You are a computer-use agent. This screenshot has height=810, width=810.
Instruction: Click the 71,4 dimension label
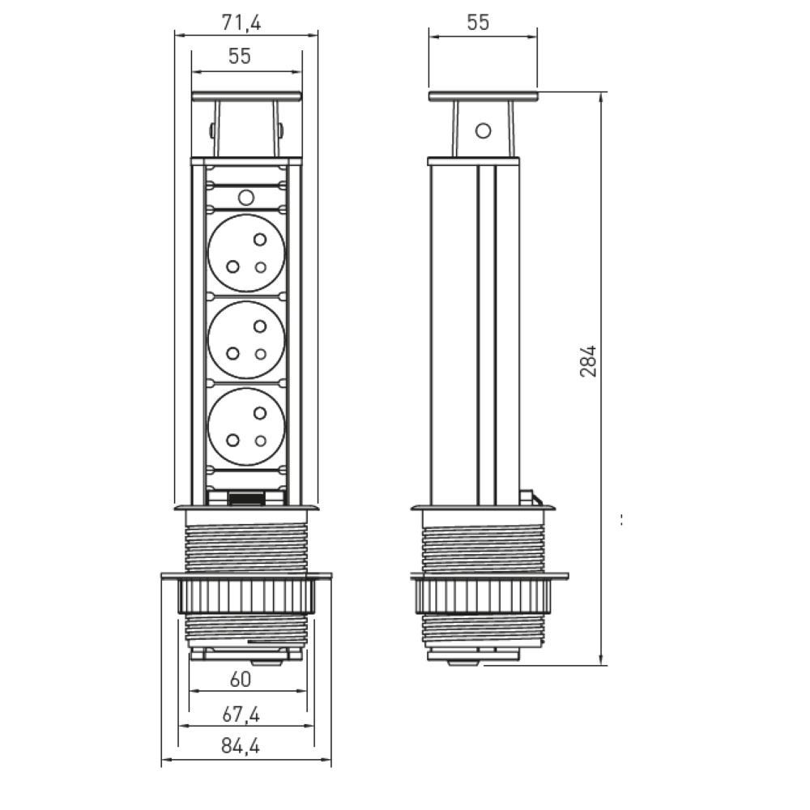pos(241,23)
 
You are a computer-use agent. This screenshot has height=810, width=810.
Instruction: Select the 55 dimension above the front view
pos(240,57)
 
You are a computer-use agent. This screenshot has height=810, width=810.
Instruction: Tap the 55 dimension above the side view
pos(478,23)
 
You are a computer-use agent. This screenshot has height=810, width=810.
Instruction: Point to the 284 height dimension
pos(588,361)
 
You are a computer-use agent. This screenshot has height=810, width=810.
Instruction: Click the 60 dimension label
pos(241,680)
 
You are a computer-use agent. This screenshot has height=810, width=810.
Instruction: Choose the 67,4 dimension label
pos(241,714)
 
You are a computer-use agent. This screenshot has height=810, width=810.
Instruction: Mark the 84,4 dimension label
pos(241,746)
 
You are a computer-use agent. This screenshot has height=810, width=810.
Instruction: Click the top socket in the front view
pos(246,253)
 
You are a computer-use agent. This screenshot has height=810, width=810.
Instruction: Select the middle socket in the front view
pos(246,340)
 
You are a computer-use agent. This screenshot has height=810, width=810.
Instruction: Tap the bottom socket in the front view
pos(246,427)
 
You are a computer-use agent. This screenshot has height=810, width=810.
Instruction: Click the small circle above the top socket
pos(246,198)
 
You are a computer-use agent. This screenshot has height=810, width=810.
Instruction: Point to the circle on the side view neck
pos(483,130)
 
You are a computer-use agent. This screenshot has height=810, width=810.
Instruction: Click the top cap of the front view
pos(246,96)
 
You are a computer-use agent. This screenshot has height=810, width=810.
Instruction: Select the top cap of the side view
pos(483,96)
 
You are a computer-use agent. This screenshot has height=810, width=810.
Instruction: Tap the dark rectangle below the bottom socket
pos(246,499)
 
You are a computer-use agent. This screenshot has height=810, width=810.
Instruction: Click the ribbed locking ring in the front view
pos(246,597)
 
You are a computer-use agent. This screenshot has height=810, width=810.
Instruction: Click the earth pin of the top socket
pos(260,239)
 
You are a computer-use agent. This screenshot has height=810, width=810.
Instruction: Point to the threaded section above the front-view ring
pos(246,550)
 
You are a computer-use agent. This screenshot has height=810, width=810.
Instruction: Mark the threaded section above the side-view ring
pos(483,550)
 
